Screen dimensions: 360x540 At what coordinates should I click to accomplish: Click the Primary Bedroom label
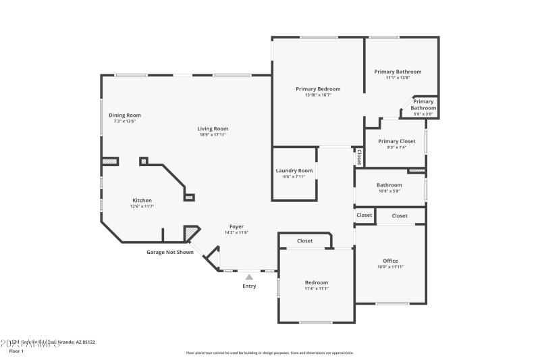318,88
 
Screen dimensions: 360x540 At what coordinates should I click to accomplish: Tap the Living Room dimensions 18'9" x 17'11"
213,134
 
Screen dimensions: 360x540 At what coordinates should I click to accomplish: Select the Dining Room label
125,115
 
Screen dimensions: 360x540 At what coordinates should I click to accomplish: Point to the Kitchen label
142,200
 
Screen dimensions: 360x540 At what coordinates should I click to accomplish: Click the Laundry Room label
294,170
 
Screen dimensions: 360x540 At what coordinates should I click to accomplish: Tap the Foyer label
236,226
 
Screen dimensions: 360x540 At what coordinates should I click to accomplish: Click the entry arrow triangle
249,276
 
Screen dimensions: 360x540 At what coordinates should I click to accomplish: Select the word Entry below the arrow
249,286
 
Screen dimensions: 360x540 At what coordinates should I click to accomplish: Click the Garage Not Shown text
170,253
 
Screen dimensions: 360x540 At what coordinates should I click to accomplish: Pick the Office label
390,261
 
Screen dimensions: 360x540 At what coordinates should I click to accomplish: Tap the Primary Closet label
398,140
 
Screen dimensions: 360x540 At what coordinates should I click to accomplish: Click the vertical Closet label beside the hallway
359,157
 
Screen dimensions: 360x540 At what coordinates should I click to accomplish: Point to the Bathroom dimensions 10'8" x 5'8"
389,191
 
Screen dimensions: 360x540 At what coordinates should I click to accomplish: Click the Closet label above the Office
400,216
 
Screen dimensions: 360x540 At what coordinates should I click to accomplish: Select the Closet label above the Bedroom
304,240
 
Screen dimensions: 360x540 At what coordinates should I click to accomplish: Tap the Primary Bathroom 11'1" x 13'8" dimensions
398,78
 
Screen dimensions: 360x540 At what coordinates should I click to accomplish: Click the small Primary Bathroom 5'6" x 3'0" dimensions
424,114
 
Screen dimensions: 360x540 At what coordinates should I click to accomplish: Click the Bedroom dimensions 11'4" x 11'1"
316,288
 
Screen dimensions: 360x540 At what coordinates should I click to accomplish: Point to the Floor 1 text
16,351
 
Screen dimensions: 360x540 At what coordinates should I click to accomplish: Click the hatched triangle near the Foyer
191,234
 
